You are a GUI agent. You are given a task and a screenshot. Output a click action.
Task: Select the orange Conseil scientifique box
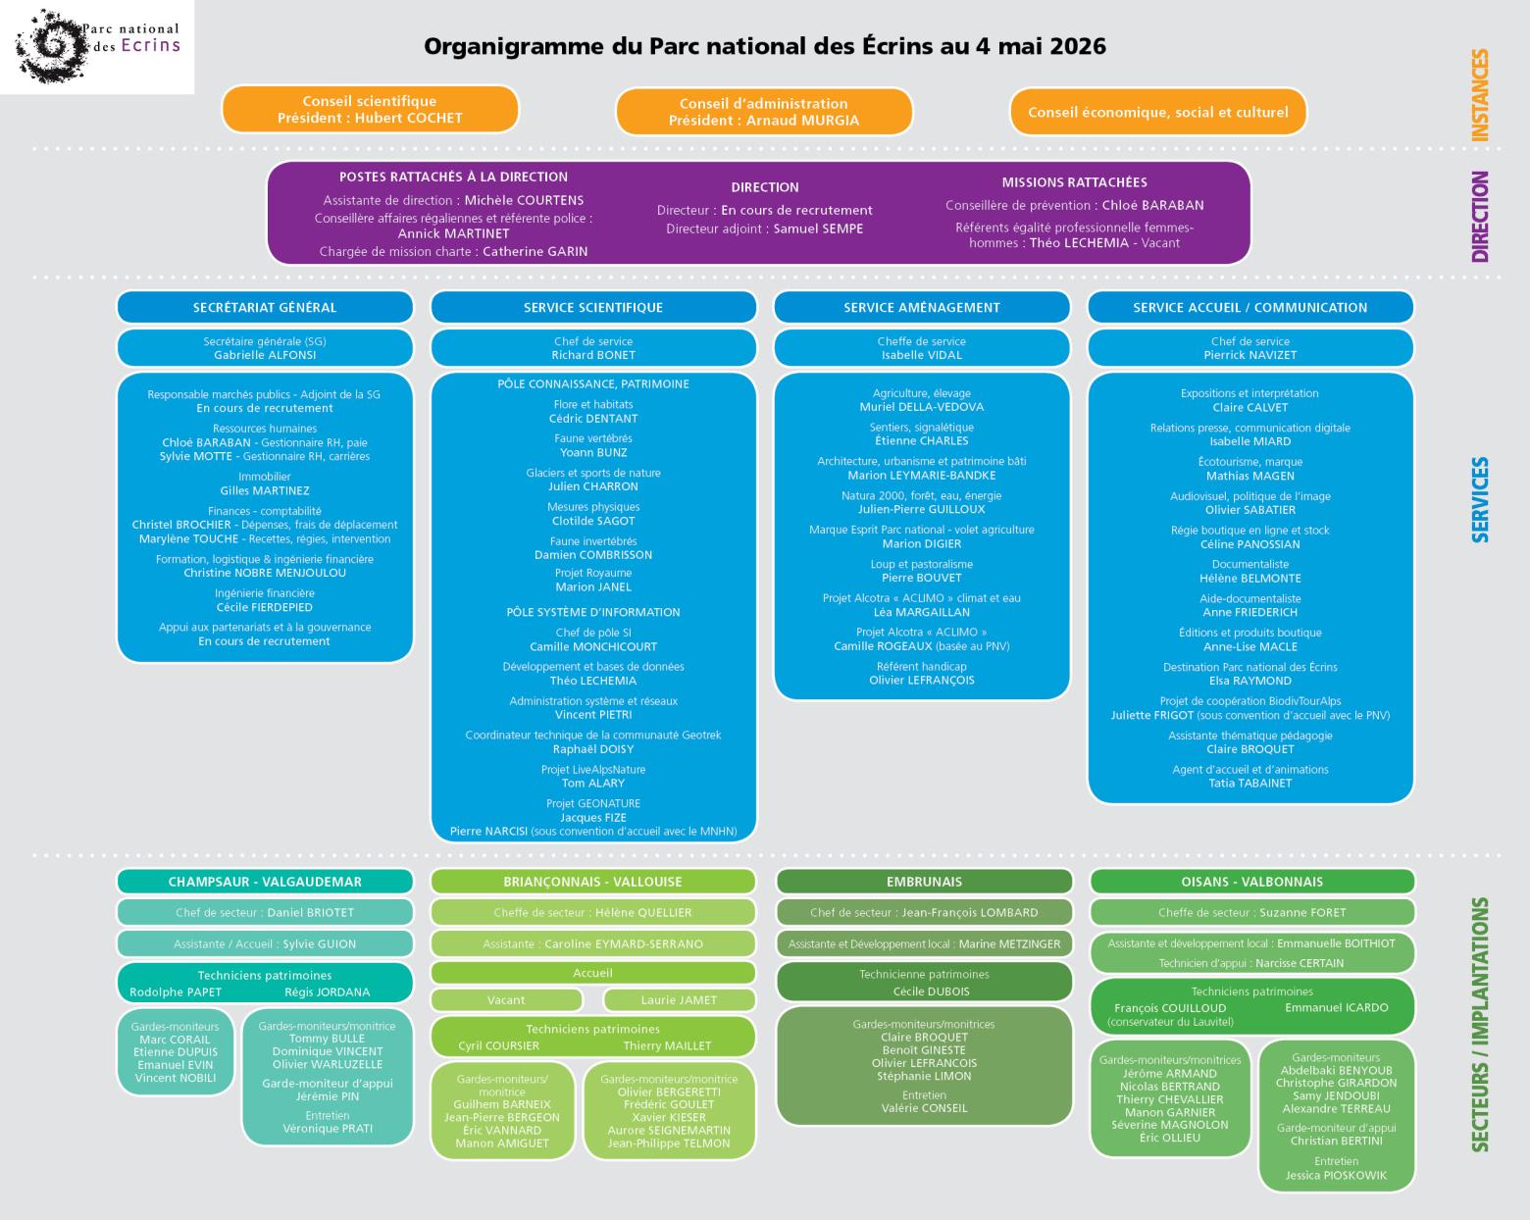pyautogui.click(x=370, y=110)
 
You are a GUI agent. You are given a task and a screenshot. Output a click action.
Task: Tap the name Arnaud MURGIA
pyautogui.click(x=802, y=121)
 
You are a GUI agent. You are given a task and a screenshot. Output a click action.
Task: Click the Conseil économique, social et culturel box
pyautogui.click(x=1157, y=112)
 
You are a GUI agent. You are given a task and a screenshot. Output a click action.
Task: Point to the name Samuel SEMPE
pyautogui.click(x=818, y=229)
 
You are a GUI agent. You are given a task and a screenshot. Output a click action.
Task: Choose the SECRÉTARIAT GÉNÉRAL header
pyautogui.click(x=265, y=307)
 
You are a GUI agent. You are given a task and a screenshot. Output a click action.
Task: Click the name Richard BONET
pyautogui.click(x=593, y=355)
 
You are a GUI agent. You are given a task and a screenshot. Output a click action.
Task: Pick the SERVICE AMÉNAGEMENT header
pyautogui.click(x=921, y=307)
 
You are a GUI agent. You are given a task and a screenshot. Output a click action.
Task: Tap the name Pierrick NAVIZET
pyautogui.click(x=1249, y=355)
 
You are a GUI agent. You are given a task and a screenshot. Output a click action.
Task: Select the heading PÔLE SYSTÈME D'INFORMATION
pyautogui.click(x=593, y=612)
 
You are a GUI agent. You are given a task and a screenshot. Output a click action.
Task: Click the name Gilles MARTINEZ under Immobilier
pyautogui.click(x=265, y=490)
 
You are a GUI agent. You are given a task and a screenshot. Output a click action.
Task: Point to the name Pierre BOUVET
pyautogui.click(x=921, y=578)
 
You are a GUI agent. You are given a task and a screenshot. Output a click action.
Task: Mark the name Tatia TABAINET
pyautogui.click(x=1249, y=783)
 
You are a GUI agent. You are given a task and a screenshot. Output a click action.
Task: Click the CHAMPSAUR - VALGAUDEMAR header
pyautogui.click(x=265, y=882)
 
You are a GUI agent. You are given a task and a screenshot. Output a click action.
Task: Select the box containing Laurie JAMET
pyautogui.click(x=679, y=999)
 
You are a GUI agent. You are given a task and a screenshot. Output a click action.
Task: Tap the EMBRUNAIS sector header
pyautogui.click(x=924, y=882)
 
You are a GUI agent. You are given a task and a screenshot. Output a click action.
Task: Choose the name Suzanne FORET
pyautogui.click(x=1302, y=912)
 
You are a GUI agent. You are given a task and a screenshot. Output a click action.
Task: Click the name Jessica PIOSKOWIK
pyautogui.click(x=1336, y=1175)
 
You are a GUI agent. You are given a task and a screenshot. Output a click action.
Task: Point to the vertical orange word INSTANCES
pyautogui.click(x=1480, y=95)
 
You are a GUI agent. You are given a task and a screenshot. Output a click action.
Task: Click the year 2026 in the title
pyautogui.click(x=1077, y=46)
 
